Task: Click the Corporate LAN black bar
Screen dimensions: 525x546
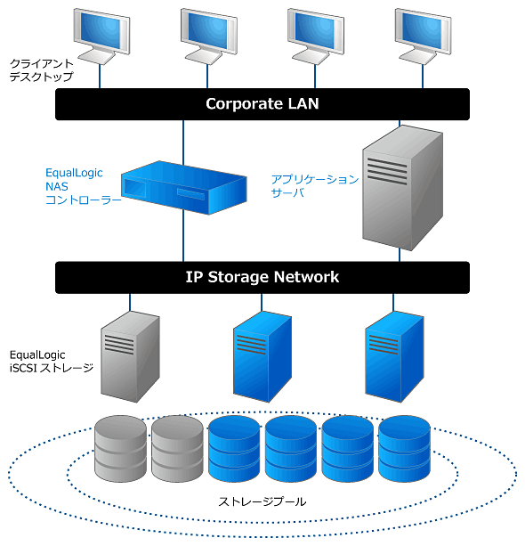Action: pyautogui.click(x=262, y=104)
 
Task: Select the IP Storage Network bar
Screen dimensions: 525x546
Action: pyautogui.click(x=262, y=278)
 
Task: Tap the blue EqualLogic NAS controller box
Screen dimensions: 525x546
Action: pyautogui.click(x=183, y=188)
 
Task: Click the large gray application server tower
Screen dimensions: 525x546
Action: pyautogui.click(x=402, y=188)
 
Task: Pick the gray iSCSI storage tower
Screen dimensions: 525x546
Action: pyautogui.click(x=130, y=357)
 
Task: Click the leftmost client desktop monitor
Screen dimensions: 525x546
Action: pyautogui.click(x=101, y=37)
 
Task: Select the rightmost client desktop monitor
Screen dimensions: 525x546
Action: pyautogui.click(x=423, y=37)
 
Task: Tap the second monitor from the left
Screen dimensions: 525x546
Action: pyautogui.click(x=209, y=37)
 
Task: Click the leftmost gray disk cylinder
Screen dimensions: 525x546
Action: pyautogui.click(x=120, y=449)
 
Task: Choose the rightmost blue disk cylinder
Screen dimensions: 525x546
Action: pyautogui.click(x=404, y=449)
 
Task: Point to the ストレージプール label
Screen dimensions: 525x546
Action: pyautogui.click(x=262, y=501)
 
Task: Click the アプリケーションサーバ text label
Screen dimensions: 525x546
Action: pyautogui.click(x=314, y=186)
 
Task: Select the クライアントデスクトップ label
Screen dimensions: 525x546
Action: pyautogui.click(x=42, y=70)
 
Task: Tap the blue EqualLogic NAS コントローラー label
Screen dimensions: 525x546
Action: pyautogui.click(x=83, y=186)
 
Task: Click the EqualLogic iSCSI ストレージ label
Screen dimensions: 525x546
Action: pyautogui.click(x=52, y=362)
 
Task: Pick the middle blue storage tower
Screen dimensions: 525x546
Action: pyautogui.click(x=262, y=357)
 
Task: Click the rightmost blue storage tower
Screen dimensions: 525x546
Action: pyautogui.click(x=394, y=357)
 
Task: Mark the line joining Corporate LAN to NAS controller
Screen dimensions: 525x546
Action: pyautogui.click(x=183, y=143)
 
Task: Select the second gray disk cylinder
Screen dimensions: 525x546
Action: pyautogui.click(x=177, y=449)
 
